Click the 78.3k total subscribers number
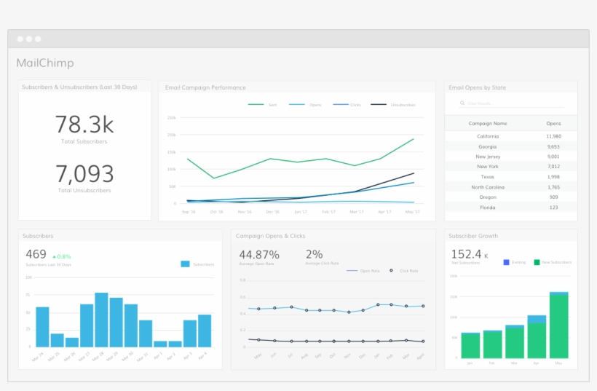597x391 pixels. (84, 124)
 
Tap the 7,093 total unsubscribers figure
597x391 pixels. (84, 174)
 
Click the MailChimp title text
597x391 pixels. (45, 63)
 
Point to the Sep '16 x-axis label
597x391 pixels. (189, 212)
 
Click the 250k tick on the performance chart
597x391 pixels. (172, 117)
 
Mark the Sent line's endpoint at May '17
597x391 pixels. (414, 139)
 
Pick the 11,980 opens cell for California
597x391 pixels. (553, 136)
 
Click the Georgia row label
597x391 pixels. (488, 146)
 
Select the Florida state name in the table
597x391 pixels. (488, 208)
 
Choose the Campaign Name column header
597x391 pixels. (488, 124)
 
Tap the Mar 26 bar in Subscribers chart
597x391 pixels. (71, 341)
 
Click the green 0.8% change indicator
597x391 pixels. (61, 256)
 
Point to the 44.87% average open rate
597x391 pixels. (259, 255)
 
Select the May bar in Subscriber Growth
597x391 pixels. (558, 325)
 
